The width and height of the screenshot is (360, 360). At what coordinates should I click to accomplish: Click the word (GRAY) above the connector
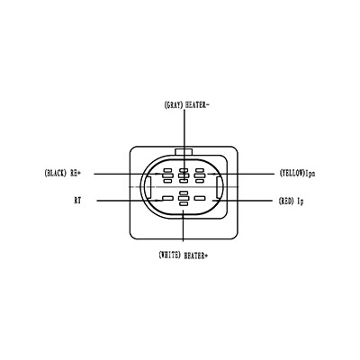(174, 105)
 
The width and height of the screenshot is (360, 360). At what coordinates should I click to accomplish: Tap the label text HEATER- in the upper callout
(197, 105)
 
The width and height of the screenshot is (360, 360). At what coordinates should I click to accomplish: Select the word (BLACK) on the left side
(56, 173)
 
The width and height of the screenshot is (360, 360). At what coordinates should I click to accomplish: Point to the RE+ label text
(76, 173)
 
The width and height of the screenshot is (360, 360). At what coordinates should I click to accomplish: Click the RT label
(77, 201)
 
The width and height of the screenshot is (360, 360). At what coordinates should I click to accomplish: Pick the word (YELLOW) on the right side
(292, 173)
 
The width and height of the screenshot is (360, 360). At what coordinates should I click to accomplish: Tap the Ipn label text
(310, 174)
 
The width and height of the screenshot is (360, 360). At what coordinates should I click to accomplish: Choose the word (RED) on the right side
(286, 201)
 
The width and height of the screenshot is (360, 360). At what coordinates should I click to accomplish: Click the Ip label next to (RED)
(301, 201)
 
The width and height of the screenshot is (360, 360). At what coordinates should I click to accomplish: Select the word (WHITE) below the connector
(169, 255)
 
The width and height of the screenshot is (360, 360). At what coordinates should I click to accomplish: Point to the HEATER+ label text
(196, 256)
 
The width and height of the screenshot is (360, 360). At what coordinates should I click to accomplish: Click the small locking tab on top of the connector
(184, 152)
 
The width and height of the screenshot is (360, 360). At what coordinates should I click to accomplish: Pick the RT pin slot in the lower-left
(167, 198)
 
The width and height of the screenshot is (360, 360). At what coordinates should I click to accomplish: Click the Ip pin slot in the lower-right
(200, 198)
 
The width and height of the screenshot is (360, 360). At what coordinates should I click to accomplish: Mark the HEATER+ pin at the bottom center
(184, 198)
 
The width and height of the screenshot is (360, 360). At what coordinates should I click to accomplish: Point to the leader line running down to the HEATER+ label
(184, 225)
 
